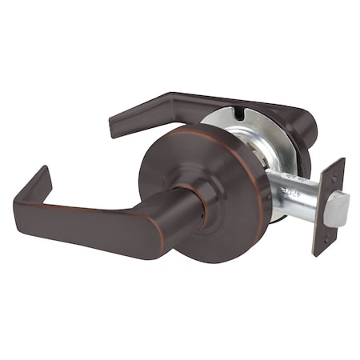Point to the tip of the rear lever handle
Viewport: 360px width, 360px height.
click(x=114, y=129)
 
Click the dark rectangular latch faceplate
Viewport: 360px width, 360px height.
click(x=330, y=206)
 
